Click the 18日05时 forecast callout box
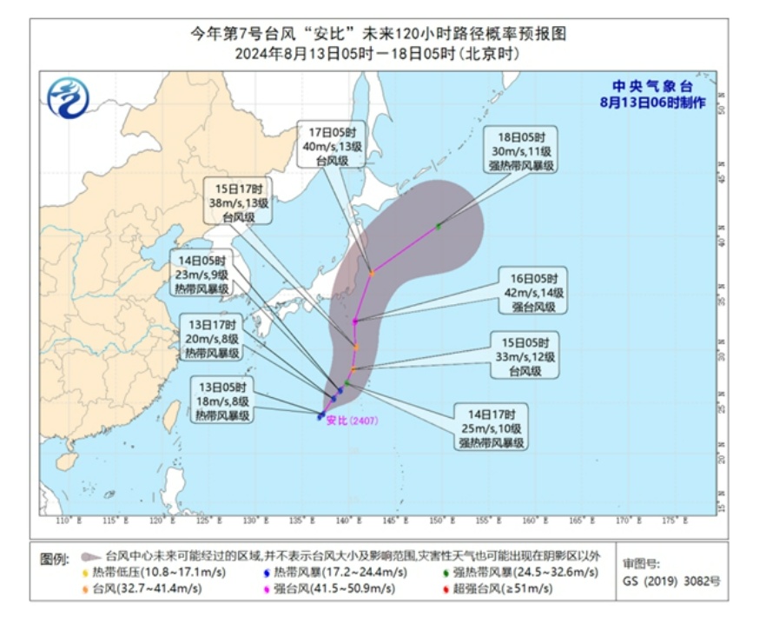522,150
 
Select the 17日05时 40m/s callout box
327,145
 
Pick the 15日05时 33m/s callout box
525,355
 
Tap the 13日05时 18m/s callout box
221,401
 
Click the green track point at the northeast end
439,227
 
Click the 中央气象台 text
651,86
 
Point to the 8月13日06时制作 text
652,103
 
